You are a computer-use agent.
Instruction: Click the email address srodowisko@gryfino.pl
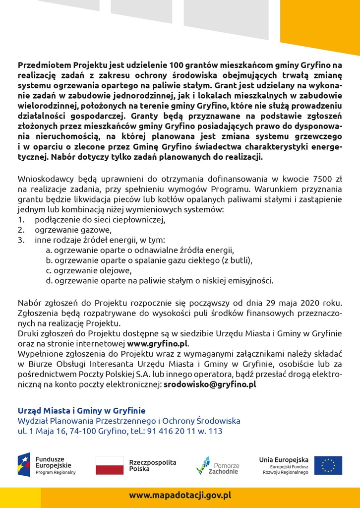pos(210,383)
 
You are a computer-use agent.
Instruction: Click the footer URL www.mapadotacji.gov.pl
pos(180,495)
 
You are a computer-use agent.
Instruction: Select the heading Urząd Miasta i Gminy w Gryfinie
pos(82,410)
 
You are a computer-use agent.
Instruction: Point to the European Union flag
pos(328,465)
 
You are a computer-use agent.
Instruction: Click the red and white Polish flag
pos(109,465)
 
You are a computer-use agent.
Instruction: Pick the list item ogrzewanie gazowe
pos(73,230)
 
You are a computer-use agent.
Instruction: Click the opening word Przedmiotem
pos(44,65)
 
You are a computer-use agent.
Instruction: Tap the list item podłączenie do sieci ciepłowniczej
pos(99,219)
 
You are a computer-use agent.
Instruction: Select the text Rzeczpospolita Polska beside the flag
pos(152,465)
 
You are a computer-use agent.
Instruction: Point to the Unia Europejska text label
pos(284,460)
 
